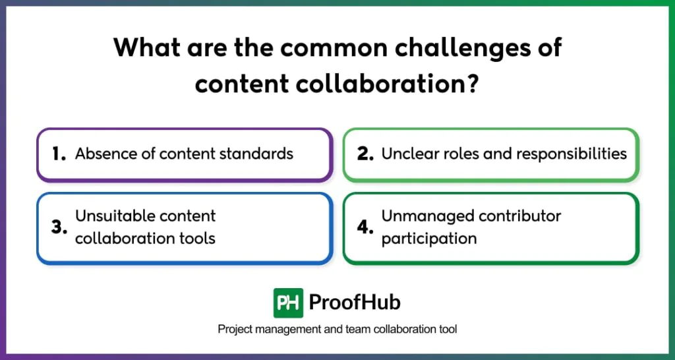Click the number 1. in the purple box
pyautogui.click(x=59, y=154)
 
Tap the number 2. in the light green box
pyautogui.click(x=366, y=154)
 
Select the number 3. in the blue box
pyautogui.click(x=59, y=227)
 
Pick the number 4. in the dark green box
pyautogui.click(x=366, y=227)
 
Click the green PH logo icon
pyautogui.click(x=288, y=303)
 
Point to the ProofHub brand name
pyautogui.click(x=354, y=303)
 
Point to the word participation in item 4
pyautogui.click(x=429, y=239)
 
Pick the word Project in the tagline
pyautogui.click(x=234, y=329)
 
